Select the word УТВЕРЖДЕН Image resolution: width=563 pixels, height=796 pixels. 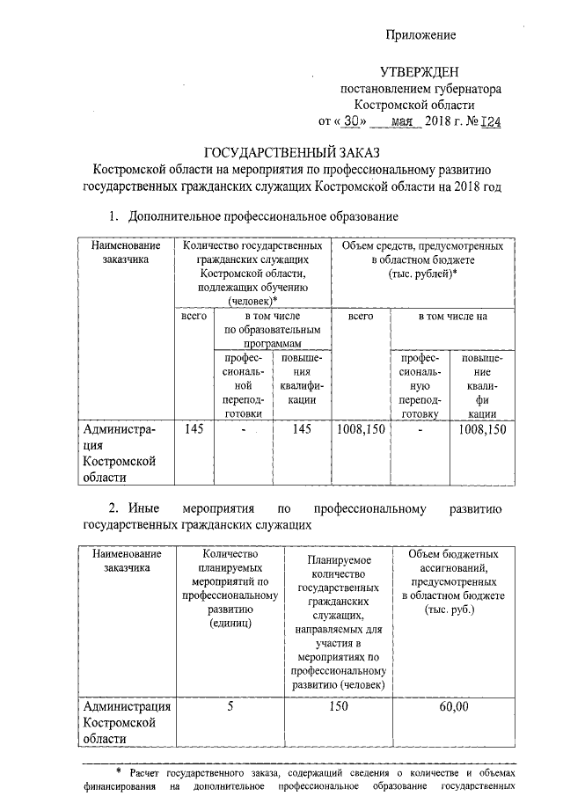click(420, 71)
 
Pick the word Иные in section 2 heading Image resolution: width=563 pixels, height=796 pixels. click(143, 508)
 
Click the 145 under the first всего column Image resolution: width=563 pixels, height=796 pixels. click(193, 430)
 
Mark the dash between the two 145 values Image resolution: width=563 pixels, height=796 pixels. click(240, 430)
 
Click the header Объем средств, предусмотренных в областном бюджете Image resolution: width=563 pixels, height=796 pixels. click(422, 260)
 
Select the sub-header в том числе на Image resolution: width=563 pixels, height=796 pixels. click(451, 315)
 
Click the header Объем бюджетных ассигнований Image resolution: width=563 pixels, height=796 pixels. click(454, 581)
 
